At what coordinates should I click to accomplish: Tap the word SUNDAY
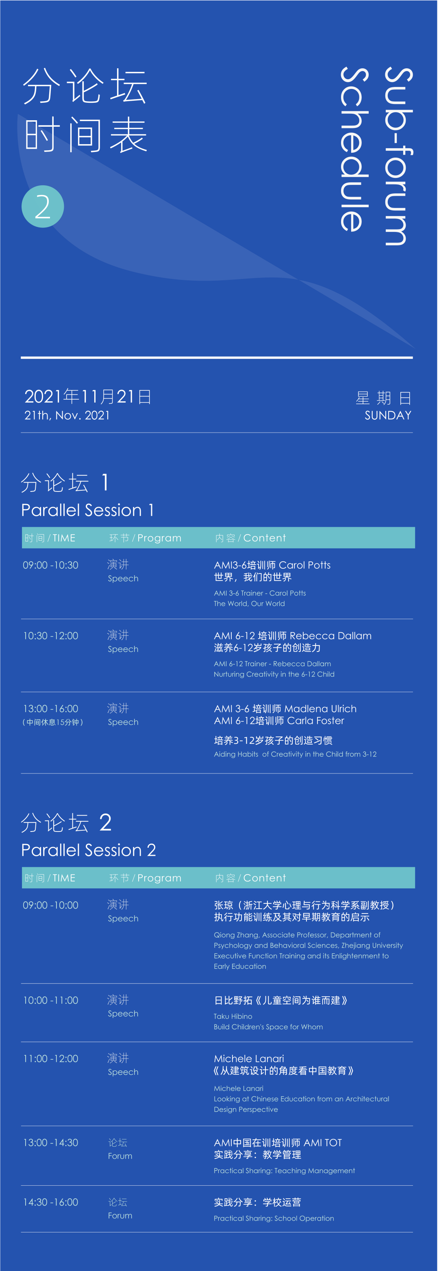coord(389,416)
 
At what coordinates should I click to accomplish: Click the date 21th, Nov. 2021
coord(67,416)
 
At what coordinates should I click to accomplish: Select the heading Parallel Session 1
coord(87,510)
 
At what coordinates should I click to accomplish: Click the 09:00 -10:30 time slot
coord(51,565)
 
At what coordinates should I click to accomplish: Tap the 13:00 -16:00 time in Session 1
coord(51,709)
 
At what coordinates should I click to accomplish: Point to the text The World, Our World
coord(249,604)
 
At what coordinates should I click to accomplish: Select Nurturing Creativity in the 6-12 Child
coord(274,674)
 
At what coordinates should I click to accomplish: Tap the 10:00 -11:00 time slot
coord(51,1000)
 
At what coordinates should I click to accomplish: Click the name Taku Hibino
coord(233,1016)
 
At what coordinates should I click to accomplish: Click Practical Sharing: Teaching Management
coord(285,1171)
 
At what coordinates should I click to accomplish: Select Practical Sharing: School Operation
coord(274,1219)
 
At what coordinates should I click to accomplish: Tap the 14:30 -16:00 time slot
coord(51,1202)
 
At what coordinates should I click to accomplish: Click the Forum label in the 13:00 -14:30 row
coord(120,1156)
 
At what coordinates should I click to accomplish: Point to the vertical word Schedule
coord(354,149)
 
